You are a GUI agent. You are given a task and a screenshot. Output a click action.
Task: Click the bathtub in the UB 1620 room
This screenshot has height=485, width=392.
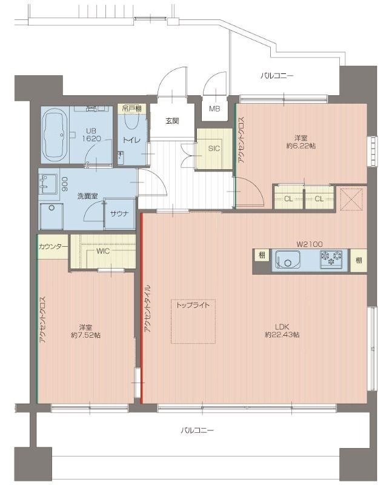(x=56, y=135)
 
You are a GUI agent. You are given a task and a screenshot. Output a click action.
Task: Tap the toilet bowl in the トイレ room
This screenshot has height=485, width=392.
(x=131, y=121)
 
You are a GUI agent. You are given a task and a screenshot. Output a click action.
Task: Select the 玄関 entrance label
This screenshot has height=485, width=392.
(x=172, y=121)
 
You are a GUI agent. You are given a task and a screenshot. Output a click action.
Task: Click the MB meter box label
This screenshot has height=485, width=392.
(x=214, y=109)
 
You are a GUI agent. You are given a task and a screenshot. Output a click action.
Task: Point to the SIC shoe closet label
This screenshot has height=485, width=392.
(x=214, y=149)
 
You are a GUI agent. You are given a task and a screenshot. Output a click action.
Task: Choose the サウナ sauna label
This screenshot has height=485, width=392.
(x=119, y=213)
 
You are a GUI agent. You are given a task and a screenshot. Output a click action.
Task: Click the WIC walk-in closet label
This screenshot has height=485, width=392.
(x=103, y=251)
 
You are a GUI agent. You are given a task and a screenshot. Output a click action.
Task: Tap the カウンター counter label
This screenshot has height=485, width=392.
(x=53, y=247)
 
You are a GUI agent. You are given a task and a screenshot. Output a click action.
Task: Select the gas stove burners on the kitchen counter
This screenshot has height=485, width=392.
(x=331, y=259)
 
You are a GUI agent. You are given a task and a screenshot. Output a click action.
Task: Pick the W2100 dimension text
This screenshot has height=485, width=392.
(x=310, y=244)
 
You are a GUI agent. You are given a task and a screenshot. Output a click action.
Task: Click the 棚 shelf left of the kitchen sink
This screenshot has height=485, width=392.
(x=262, y=255)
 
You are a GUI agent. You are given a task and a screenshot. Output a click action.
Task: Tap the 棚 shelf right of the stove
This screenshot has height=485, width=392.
(x=359, y=260)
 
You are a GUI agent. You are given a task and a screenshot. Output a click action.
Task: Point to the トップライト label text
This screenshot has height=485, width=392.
(x=193, y=306)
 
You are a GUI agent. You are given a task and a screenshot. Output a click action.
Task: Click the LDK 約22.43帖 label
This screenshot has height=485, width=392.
(x=282, y=330)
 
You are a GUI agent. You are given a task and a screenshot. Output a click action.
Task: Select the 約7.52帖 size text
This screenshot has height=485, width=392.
(x=85, y=335)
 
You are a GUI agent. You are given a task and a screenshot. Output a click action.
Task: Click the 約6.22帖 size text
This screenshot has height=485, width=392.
(x=301, y=145)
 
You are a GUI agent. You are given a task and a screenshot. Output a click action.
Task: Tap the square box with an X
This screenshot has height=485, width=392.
(x=351, y=200)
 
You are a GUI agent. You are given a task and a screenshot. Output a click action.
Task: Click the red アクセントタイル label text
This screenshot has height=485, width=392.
(x=147, y=309)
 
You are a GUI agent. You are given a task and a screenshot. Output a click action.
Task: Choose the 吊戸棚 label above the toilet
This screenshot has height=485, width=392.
(x=131, y=109)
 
